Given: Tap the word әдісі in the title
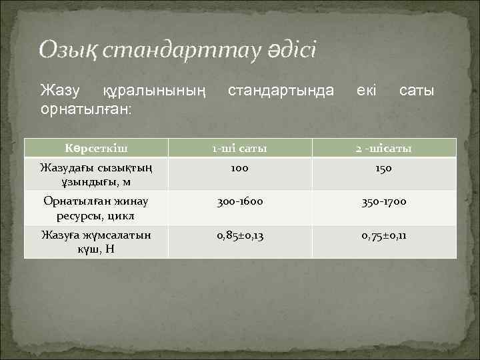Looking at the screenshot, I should pos(289,49).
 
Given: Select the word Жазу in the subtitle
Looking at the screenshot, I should pos(60,89).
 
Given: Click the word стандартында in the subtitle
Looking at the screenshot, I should pos(281,89).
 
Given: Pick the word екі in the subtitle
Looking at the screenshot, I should pos(366,89).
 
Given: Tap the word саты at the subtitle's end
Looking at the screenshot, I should pos(417,89).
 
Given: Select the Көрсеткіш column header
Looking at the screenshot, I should pos(96,148).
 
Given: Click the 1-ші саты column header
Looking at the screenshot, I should pos(239,148).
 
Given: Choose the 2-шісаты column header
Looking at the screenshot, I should pos(383,148).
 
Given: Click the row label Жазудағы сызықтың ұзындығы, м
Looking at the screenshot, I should pos(96,175).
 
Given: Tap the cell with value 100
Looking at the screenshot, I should pos(239,169).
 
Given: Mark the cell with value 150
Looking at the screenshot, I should pos(383,169).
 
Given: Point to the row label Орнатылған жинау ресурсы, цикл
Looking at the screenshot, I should pos(96,208).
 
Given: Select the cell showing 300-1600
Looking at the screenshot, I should pos(239,202).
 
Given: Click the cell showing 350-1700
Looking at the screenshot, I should pos(383,202).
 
